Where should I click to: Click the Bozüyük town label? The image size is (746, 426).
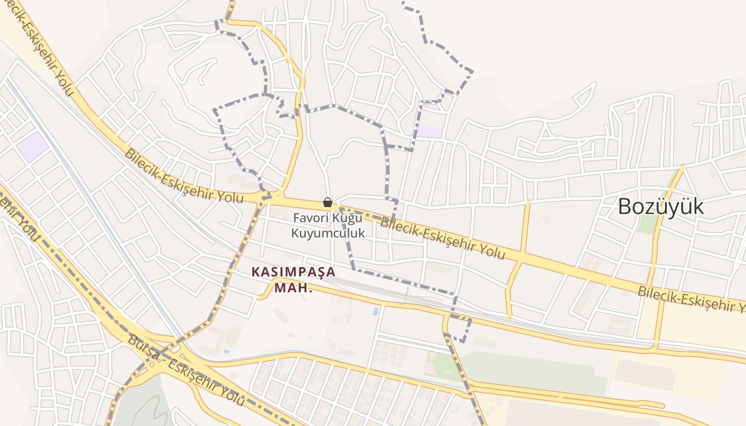661,207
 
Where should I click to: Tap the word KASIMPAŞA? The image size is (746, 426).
293,272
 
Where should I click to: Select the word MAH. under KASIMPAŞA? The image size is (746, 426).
293,288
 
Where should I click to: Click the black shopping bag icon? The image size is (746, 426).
328,202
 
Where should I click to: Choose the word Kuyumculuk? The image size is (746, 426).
328,233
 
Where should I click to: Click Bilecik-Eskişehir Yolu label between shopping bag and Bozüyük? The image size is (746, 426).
442,237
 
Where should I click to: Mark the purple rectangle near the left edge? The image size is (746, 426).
33,146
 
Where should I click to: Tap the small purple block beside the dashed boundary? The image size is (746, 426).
429,132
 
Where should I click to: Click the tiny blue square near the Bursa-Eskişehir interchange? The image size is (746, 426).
227,351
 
